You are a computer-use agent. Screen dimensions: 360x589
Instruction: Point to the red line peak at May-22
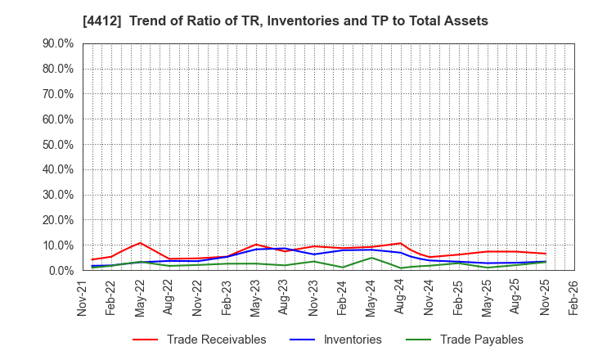(x=141, y=243)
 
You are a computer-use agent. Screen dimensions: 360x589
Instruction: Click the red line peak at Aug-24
(x=401, y=243)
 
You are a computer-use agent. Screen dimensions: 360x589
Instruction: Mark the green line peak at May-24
(x=371, y=258)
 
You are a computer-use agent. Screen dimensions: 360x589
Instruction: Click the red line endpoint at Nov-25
(x=545, y=254)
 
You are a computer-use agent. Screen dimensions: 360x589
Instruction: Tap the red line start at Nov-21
(x=92, y=259)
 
